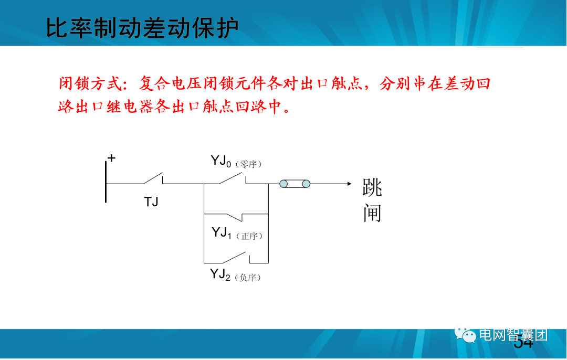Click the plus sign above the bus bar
coord(111,158)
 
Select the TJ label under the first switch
coord(151,202)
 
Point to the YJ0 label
coord(220,161)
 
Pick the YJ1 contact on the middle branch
coord(234,216)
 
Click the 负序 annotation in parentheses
coord(248,278)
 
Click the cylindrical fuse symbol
coord(294,184)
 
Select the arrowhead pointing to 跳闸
coord(347,184)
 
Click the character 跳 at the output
coord(372,187)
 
